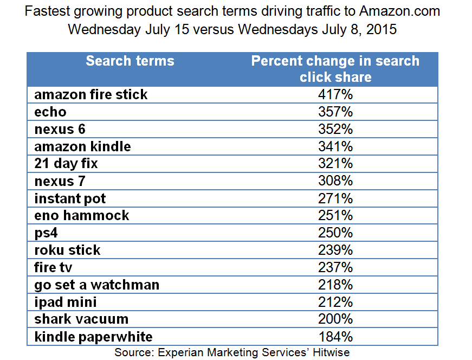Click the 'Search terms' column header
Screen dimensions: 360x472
(x=130, y=61)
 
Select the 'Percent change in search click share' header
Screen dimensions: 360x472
(x=335, y=68)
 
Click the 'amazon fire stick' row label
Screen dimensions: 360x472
(x=91, y=94)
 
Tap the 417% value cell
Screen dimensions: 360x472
(x=335, y=94)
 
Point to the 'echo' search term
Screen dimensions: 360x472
(x=50, y=112)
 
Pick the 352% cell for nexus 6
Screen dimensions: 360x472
(x=335, y=129)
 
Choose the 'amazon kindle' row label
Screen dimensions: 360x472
(x=82, y=146)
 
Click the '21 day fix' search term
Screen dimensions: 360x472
(x=66, y=164)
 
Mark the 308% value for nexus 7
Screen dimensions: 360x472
(x=335, y=181)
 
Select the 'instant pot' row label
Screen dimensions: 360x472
(x=70, y=198)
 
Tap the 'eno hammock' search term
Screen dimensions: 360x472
(x=82, y=215)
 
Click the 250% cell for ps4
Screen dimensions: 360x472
(x=335, y=233)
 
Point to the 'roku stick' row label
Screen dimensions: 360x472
(x=68, y=250)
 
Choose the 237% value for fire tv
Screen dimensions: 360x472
(x=335, y=267)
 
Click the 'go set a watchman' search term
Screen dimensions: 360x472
(x=97, y=285)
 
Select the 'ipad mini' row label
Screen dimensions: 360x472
(x=66, y=302)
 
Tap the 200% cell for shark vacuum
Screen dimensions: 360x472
(x=335, y=319)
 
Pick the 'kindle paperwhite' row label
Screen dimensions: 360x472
(x=94, y=337)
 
